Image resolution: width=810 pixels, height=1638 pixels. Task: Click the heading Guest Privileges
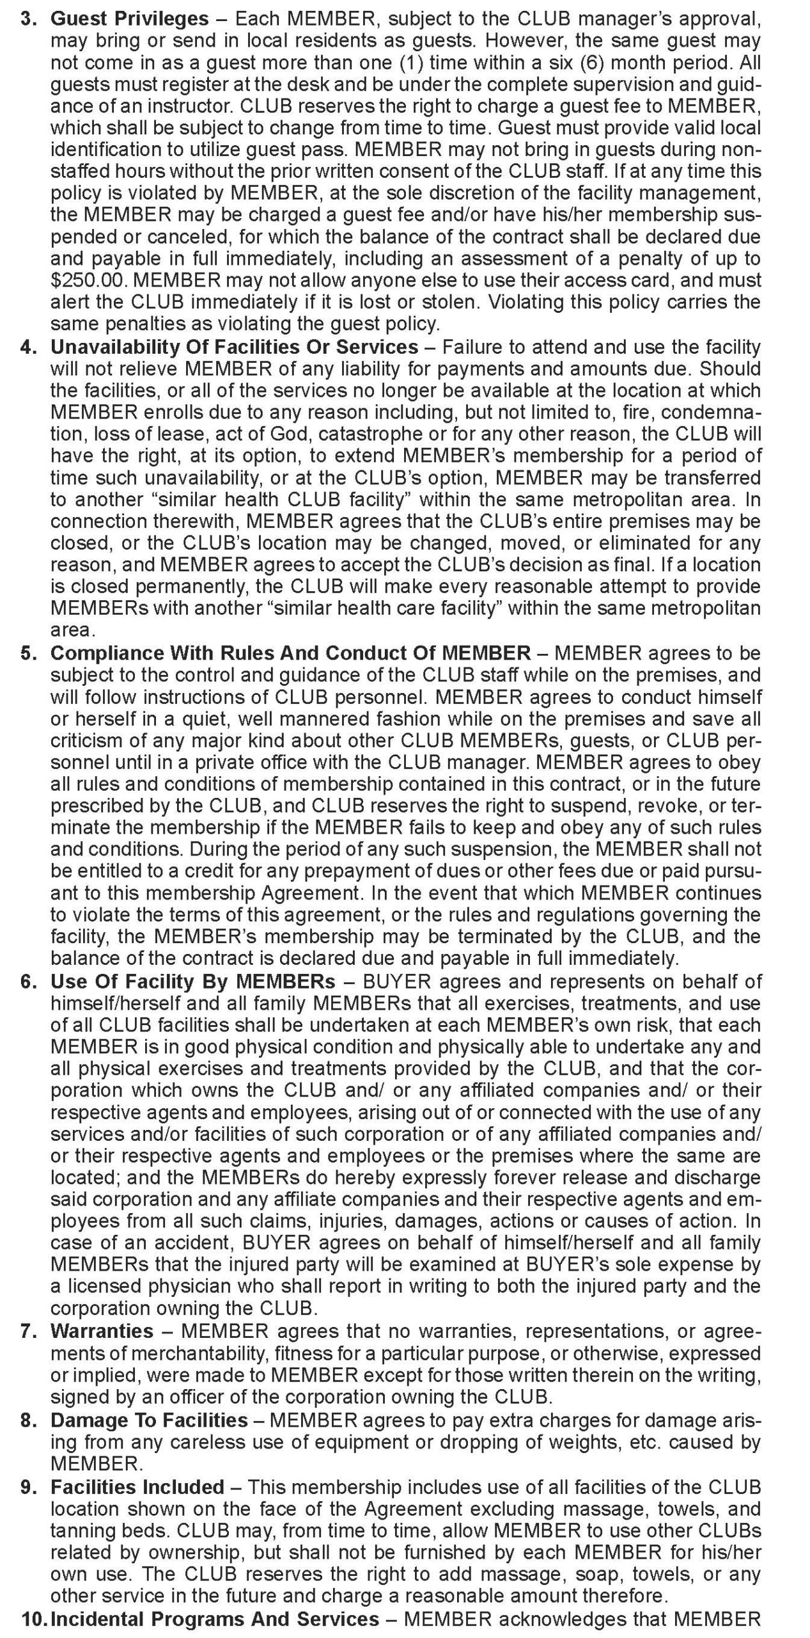pos(129,19)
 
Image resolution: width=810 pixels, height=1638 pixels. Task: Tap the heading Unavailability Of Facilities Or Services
pos(234,347)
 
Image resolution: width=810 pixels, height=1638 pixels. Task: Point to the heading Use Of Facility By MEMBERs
pos(192,981)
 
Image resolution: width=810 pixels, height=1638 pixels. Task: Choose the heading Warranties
pos(102,1330)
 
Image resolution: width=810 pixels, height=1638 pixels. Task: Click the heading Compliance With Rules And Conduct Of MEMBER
pos(290,653)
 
